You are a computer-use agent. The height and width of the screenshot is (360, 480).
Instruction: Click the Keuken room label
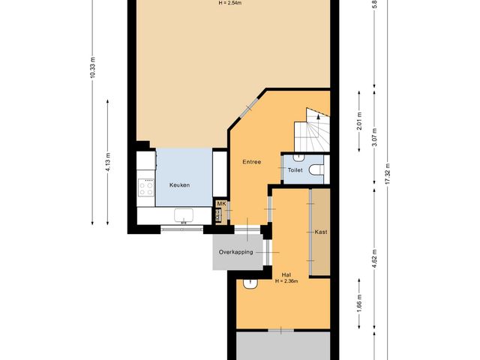179,184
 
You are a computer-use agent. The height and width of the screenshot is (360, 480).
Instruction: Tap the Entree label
251,162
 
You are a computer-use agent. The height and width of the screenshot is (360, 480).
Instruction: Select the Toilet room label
295,171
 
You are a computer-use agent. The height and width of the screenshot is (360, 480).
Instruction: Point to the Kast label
320,232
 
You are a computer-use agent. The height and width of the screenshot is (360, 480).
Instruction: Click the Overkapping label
235,252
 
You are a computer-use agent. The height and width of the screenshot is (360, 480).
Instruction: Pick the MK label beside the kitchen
220,203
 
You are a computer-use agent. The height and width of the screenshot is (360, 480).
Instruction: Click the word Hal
286,275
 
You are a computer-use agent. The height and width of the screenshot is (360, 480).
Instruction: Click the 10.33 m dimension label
93,68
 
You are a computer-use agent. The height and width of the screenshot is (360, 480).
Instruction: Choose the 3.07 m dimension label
373,140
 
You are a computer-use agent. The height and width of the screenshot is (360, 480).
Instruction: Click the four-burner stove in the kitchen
145,184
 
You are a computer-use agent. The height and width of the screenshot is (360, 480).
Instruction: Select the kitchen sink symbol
184,216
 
